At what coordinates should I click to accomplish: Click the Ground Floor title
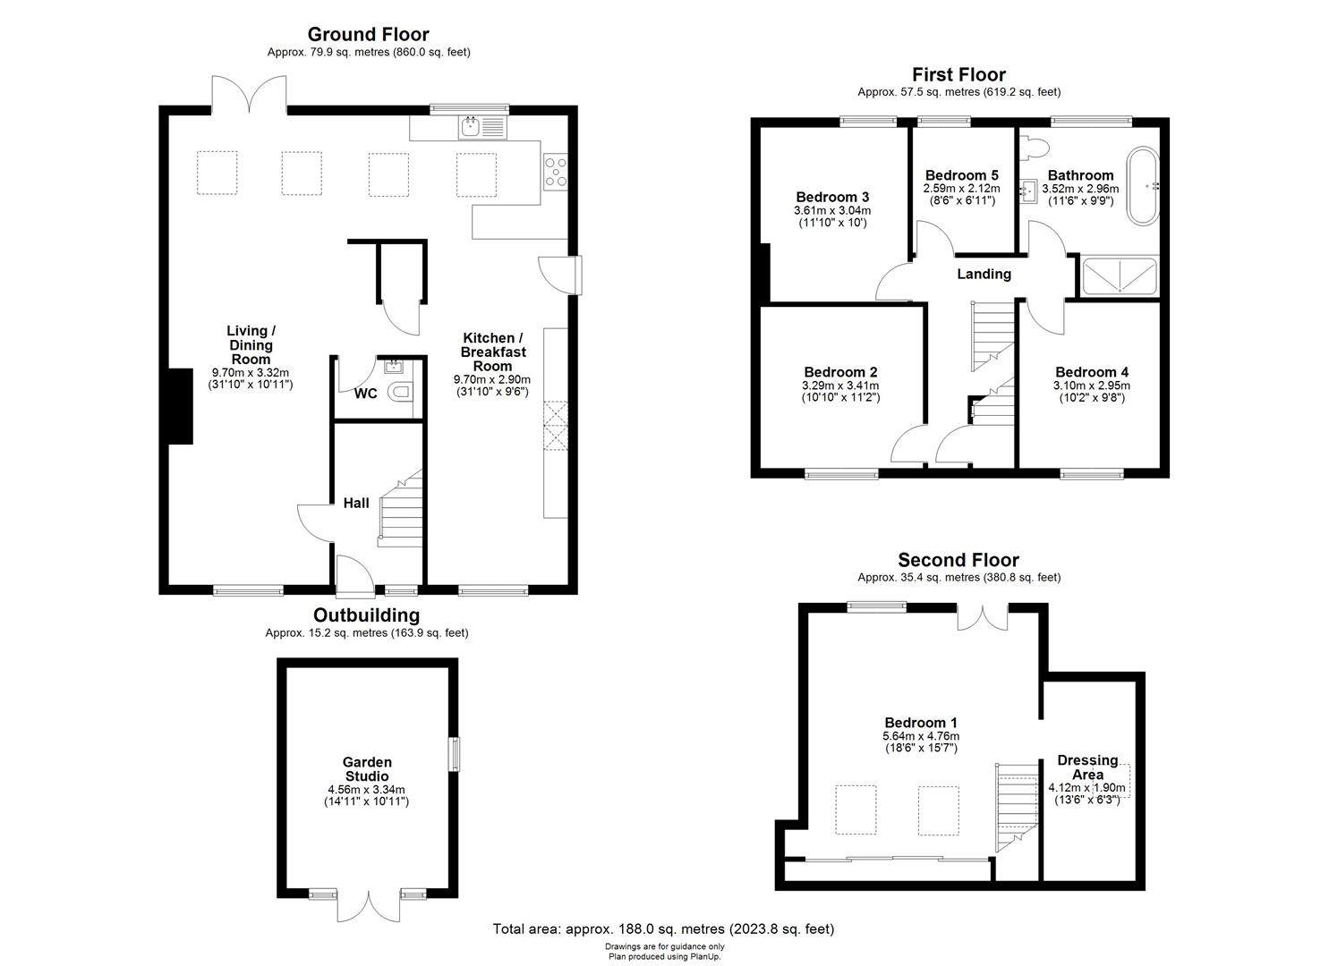tap(368, 35)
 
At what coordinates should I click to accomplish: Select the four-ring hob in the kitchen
tap(555, 171)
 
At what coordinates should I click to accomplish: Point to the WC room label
tap(365, 394)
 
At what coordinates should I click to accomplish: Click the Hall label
tap(356, 504)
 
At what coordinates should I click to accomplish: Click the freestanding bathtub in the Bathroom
tap(1142, 187)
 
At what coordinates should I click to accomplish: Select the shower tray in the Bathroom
tap(1120, 276)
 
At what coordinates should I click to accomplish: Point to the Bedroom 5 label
tap(961, 175)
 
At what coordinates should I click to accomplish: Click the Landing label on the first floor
tap(984, 275)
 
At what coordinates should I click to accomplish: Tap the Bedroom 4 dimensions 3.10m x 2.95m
tap(1091, 386)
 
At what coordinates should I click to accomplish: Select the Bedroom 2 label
tap(840, 372)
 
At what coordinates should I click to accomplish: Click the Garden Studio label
tap(367, 769)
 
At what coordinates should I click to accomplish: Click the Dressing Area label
tap(1087, 767)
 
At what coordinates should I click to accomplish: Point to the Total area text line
tap(663, 929)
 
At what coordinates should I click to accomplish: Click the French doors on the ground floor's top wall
tap(249, 95)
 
